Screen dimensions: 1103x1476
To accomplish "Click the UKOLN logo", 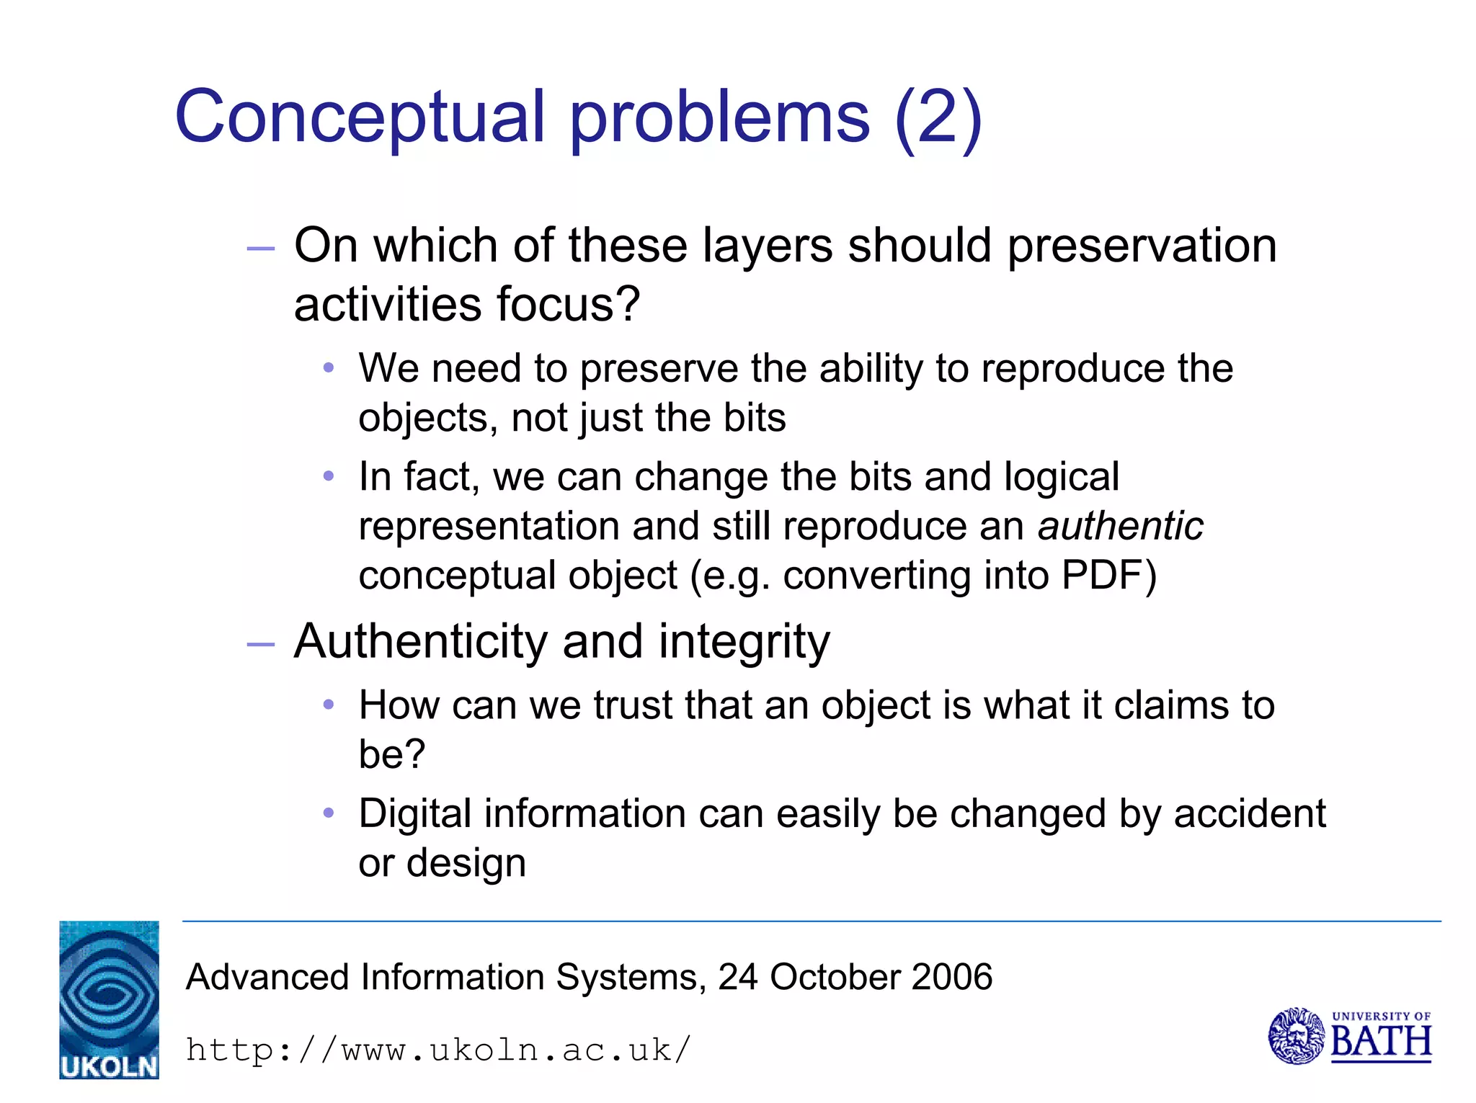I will (x=109, y=999).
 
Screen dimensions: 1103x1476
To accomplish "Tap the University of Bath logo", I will (x=1349, y=1037).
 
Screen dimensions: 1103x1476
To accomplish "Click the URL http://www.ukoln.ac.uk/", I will (x=438, y=1050).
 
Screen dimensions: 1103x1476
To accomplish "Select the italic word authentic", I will (x=1120, y=526).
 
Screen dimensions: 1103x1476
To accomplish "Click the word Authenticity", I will (x=421, y=641).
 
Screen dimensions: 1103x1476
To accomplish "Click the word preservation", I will (x=1142, y=246).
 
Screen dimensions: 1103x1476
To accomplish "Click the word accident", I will (x=1250, y=814).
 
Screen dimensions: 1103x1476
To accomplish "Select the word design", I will (x=466, y=863).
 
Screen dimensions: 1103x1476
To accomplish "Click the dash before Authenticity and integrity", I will (x=260, y=643).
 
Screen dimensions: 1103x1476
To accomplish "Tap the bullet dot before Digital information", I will (x=329, y=813).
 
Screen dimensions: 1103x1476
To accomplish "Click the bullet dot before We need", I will (x=329, y=368).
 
